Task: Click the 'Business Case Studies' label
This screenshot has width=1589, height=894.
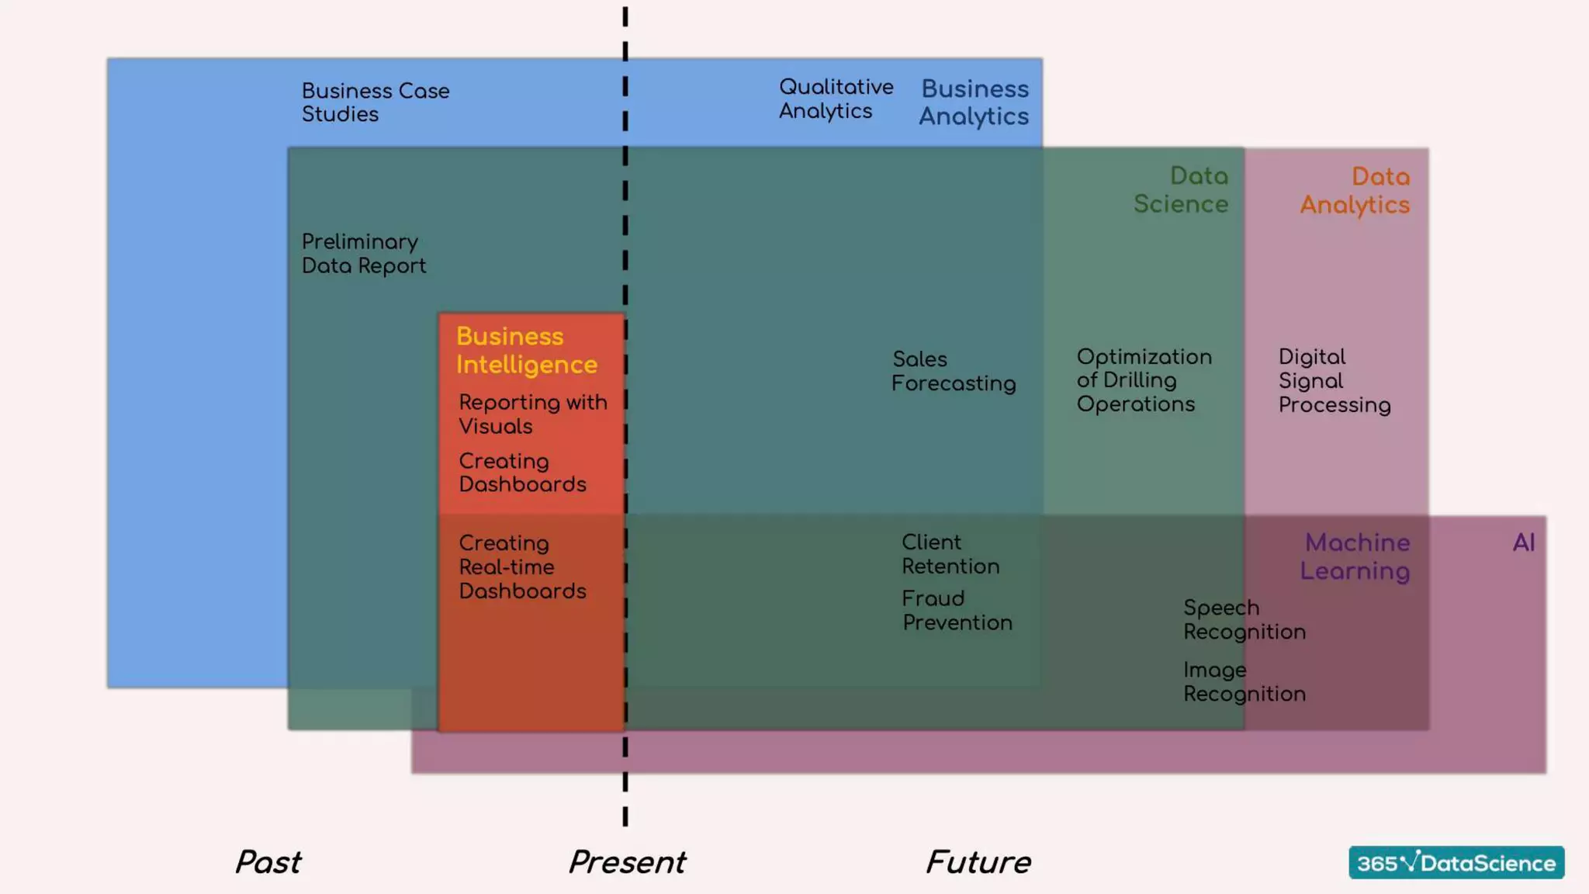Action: [376, 102]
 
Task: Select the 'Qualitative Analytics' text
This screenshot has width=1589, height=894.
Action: [836, 99]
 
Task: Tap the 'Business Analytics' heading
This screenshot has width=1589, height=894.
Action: [975, 102]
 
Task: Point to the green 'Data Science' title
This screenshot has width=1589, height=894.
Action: [1181, 190]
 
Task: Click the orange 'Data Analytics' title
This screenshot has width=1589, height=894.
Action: [1355, 191]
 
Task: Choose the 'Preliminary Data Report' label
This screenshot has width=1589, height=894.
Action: [363, 254]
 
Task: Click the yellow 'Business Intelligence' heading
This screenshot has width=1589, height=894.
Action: [526, 351]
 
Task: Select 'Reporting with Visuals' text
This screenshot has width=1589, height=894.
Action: [532, 414]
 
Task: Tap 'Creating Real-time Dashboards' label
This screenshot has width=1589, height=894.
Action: [522, 567]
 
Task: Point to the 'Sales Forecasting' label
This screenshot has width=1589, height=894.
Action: [953, 372]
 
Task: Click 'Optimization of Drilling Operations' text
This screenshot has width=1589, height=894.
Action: [1144, 380]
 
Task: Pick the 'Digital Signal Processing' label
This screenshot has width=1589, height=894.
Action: [1334, 381]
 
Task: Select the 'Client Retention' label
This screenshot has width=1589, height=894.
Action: [950, 554]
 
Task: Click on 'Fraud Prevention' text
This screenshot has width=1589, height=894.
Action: [957, 611]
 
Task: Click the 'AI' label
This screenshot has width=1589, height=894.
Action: [1523, 542]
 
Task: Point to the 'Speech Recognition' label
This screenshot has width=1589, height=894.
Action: [1244, 620]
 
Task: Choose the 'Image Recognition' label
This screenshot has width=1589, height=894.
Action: [1244, 682]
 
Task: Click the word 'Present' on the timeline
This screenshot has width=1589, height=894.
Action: [627, 862]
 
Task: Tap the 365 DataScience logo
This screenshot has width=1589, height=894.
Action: [1456, 863]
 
